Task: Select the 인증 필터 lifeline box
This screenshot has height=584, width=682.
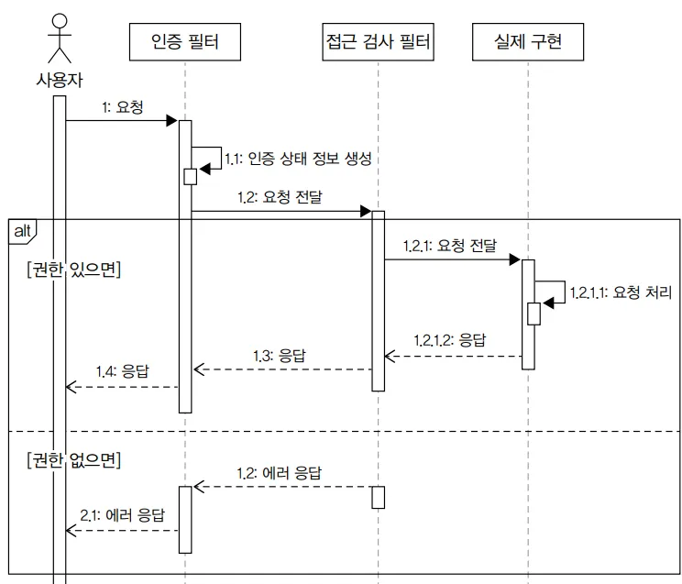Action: point(185,41)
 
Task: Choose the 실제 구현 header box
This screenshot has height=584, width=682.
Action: point(526,41)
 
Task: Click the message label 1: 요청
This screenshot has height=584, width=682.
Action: point(123,106)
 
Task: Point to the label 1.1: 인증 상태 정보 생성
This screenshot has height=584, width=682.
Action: point(298,159)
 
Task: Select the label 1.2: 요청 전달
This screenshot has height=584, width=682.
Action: point(280,196)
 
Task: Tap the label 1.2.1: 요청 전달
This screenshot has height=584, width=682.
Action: point(448,245)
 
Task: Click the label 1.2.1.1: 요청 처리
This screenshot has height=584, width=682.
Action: point(621,292)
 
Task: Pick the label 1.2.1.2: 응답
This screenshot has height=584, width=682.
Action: point(449,339)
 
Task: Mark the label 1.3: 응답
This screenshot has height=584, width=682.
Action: point(279,354)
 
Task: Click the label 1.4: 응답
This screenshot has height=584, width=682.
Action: point(122,371)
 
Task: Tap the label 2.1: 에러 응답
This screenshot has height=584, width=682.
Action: point(122,515)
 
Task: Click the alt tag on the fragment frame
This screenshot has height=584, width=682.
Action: point(21,229)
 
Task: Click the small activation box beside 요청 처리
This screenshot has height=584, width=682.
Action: point(533,314)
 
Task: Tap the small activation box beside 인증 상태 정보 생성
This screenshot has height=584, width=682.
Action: point(190,176)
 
